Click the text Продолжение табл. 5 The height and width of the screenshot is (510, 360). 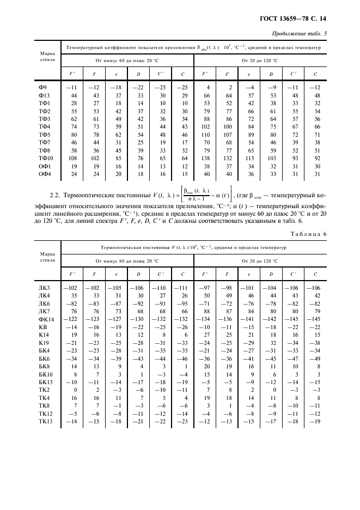297,34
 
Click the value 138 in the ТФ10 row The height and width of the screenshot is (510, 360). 206,157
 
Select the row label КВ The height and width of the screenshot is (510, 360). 43,326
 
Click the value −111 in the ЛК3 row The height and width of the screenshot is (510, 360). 182,287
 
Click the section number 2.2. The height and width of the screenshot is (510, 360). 50,195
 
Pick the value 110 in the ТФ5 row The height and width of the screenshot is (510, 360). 206,134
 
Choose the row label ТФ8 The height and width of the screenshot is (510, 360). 45,150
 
